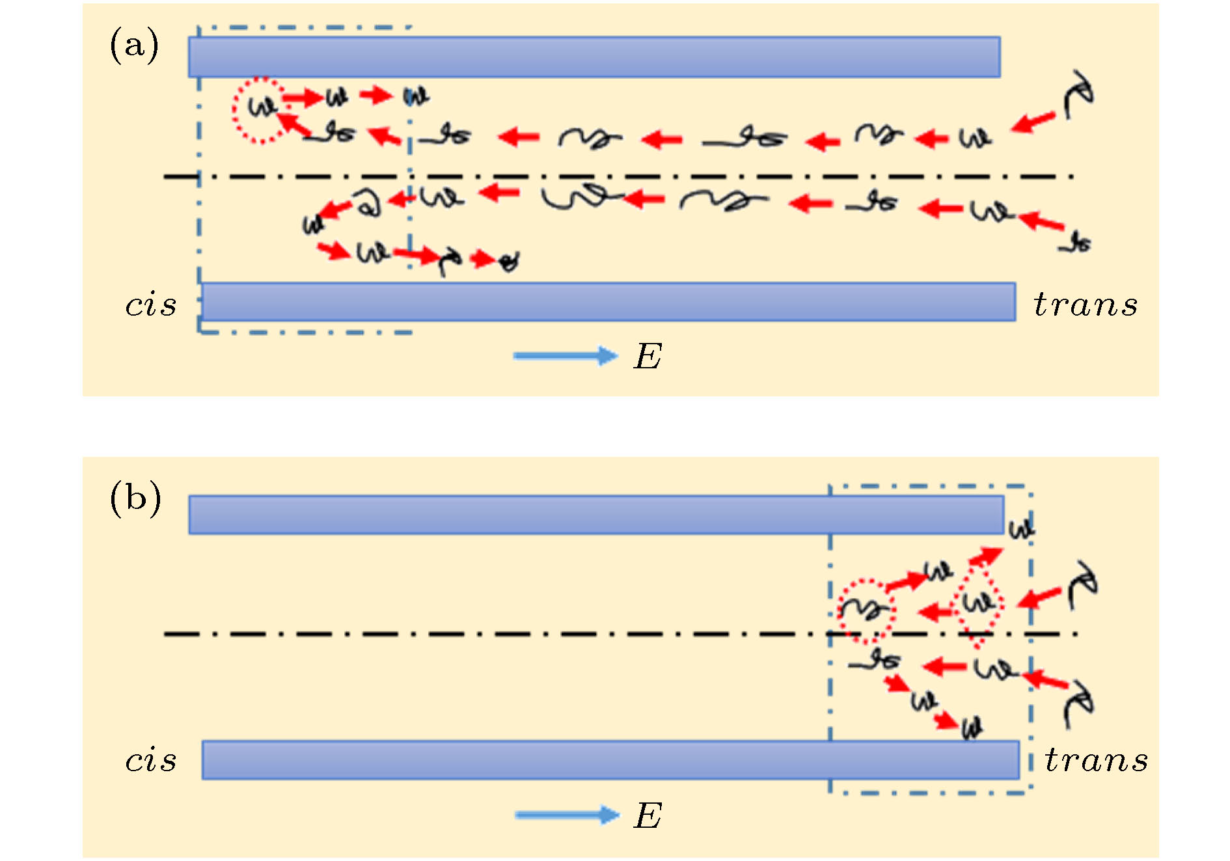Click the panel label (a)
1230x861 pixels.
pos(134,46)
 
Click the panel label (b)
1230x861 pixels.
pos(135,499)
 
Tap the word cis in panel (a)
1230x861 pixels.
pos(151,305)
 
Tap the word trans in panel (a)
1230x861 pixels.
pos(1086,305)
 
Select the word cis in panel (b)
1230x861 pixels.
pos(151,760)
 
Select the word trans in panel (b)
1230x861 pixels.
pos(1096,760)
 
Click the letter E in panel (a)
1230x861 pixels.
pos(648,357)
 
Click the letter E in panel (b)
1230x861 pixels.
pos(648,815)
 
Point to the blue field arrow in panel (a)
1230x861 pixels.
pos(565,355)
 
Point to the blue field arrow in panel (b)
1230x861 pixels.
pos(566,815)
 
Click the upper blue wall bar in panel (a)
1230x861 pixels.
pos(594,57)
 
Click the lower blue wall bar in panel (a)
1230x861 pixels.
pos(608,301)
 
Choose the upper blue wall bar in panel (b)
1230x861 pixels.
pos(595,515)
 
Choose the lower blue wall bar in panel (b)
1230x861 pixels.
pos(610,759)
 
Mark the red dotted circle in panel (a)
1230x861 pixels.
pos(260,110)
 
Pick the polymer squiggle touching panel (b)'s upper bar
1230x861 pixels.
pos(1021,529)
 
